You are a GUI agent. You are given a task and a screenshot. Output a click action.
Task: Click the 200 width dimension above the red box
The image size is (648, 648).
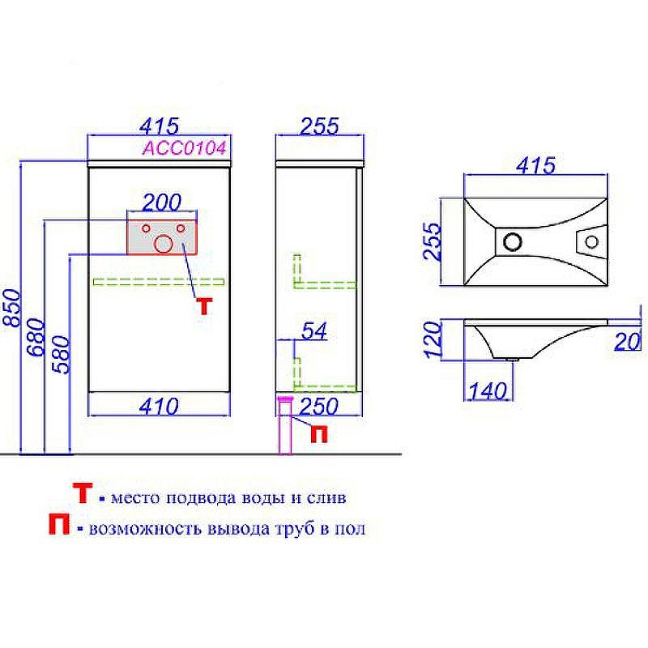162,202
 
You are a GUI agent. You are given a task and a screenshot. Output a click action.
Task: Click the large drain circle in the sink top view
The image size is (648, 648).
512,241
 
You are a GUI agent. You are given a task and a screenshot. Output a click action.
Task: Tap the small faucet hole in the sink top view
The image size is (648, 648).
593,241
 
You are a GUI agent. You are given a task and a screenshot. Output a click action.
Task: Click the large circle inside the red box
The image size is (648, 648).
164,242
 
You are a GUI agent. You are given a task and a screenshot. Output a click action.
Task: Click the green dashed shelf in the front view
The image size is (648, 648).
159,282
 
